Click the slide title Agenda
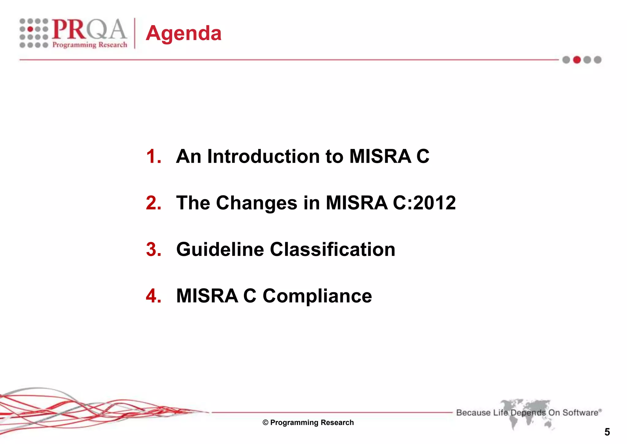[183, 33]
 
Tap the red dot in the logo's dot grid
[31, 29]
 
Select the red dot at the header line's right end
[577, 60]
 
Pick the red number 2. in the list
[154, 203]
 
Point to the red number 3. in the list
[154, 249]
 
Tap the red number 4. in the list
[154, 296]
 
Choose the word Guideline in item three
[220, 249]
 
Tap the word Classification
[332, 249]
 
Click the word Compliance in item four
[317, 296]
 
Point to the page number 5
[607, 432]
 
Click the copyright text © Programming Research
[308, 423]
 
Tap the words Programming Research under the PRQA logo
[90, 45]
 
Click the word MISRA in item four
[207, 296]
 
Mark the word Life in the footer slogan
[501, 413]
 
